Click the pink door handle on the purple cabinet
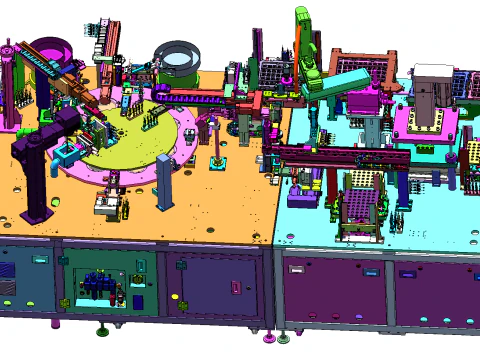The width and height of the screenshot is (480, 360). [x=235, y=288]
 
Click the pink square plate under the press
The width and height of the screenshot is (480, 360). [x=428, y=125]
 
